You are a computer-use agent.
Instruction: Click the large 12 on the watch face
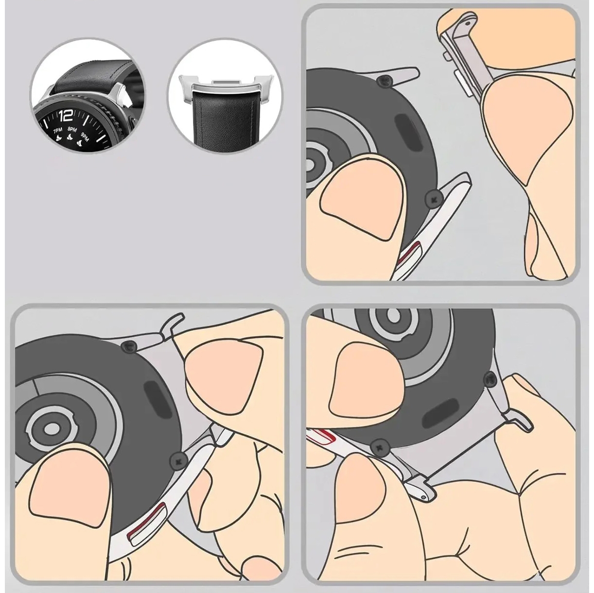tap(66, 116)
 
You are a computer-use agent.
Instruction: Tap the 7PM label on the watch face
tap(58, 131)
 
